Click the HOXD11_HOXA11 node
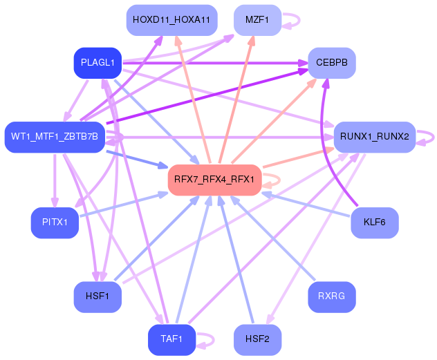[172, 20]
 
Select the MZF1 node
[257, 20]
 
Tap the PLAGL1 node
[97, 64]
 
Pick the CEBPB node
[332, 64]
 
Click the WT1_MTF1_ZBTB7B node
[54, 137]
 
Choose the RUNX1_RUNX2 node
[374, 137]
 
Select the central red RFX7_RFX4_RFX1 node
[214, 180]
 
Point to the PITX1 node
[54, 222]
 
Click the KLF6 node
[374, 222]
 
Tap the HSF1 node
[97, 296]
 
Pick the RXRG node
[332, 296]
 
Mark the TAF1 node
[171, 339]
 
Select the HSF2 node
[257, 339]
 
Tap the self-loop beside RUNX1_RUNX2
[429, 136]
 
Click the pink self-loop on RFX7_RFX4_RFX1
[274, 180]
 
